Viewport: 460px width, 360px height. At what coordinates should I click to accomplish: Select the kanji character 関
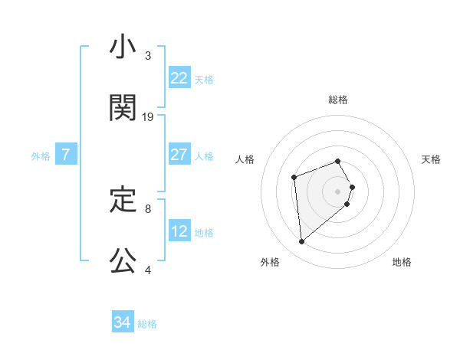point(122,108)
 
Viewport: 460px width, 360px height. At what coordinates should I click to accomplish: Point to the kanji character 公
point(122,260)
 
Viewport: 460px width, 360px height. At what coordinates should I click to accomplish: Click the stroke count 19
point(148,117)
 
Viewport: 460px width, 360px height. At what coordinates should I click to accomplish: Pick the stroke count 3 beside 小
point(148,56)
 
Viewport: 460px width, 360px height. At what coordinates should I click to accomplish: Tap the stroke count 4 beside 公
point(148,270)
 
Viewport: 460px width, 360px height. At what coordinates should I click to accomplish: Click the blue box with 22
point(179,78)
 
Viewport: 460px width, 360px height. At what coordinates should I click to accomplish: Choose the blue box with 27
point(179,155)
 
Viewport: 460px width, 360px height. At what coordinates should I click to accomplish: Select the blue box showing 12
point(179,231)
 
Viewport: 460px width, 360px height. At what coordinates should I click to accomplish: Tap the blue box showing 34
point(123,323)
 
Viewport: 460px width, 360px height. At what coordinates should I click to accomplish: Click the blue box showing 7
point(66,155)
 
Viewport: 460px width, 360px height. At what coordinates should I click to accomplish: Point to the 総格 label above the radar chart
point(338,100)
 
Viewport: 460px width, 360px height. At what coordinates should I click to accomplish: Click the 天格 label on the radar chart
point(431,159)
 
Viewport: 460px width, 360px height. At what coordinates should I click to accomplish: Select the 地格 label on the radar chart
point(402,262)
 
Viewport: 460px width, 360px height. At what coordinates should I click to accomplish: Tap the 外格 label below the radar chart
point(270,262)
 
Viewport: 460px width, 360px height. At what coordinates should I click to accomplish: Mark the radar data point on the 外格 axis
point(302,242)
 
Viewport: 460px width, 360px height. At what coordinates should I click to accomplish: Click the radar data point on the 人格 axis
point(294,178)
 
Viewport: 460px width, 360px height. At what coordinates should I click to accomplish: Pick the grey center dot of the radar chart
point(338,190)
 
